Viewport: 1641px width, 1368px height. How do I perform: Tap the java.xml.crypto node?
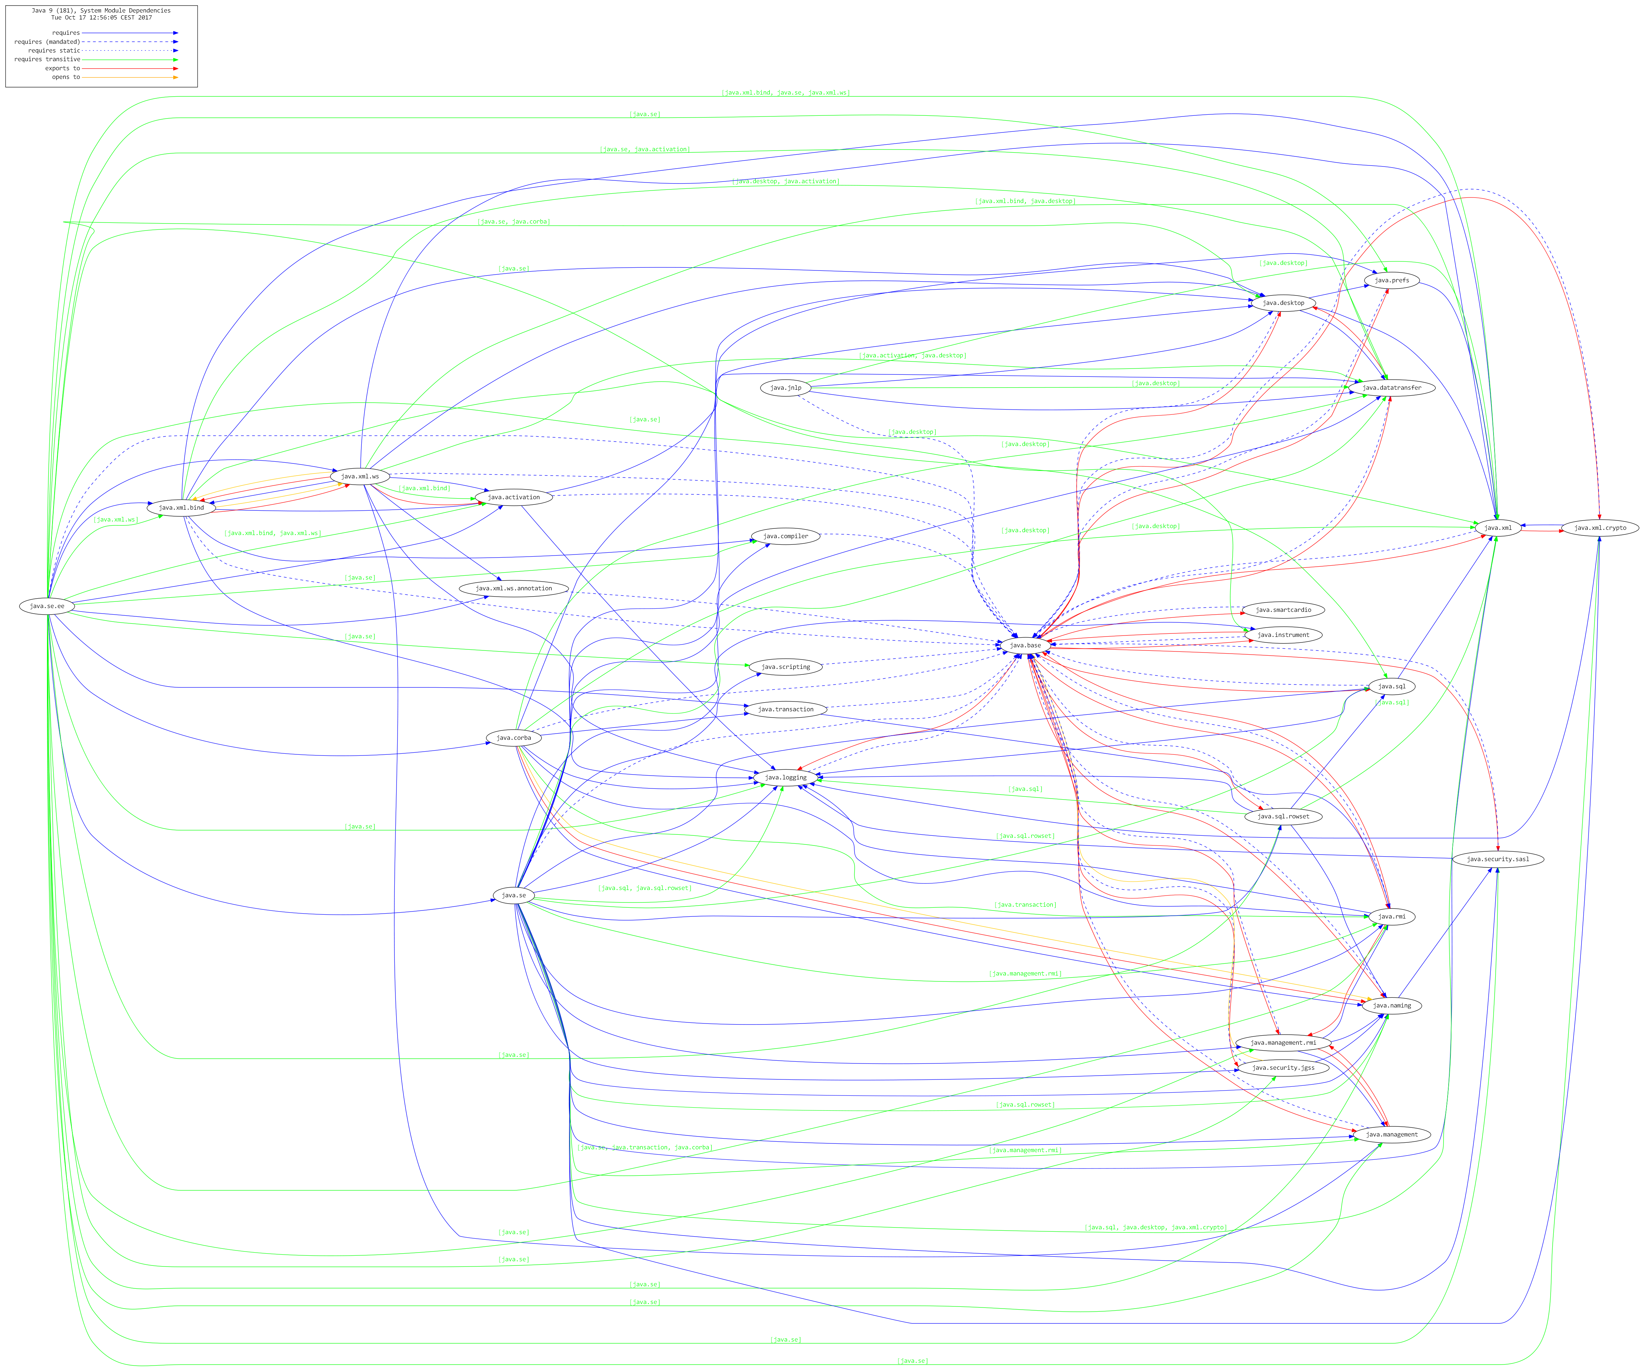pos(1600,528)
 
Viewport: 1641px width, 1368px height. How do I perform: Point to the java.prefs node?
pos(1392,281)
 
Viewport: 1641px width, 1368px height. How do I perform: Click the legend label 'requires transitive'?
pos(47,59)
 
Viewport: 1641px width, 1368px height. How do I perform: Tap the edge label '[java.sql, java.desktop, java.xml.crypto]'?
pos(1155,1227)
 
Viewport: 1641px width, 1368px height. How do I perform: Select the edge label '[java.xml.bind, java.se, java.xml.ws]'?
pos(785,93)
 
